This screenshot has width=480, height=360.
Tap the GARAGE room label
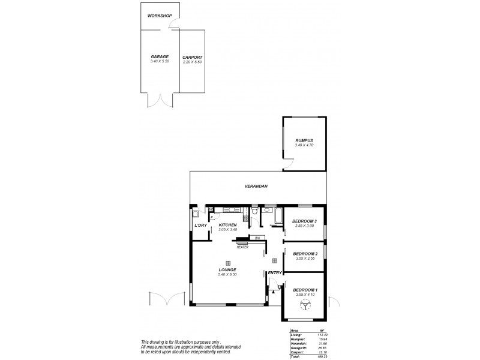pos(160,57)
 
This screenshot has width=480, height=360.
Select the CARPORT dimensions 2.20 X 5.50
pos(192,62)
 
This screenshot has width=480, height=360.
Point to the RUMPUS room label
pos(304,140)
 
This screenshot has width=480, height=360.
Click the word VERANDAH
pos(256,187)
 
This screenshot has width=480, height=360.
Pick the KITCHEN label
pos(228,224)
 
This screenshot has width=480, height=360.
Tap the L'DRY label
pos(200,225)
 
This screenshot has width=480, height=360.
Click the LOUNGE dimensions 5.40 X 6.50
pos(228,275)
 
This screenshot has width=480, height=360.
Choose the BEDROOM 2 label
pos(304,254)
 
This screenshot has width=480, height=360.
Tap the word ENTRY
pos(275,274)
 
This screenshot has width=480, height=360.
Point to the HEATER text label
pos(242,247)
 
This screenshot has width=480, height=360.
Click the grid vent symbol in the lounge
pos(228,263)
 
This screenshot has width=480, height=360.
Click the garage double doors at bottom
pos(160,100)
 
